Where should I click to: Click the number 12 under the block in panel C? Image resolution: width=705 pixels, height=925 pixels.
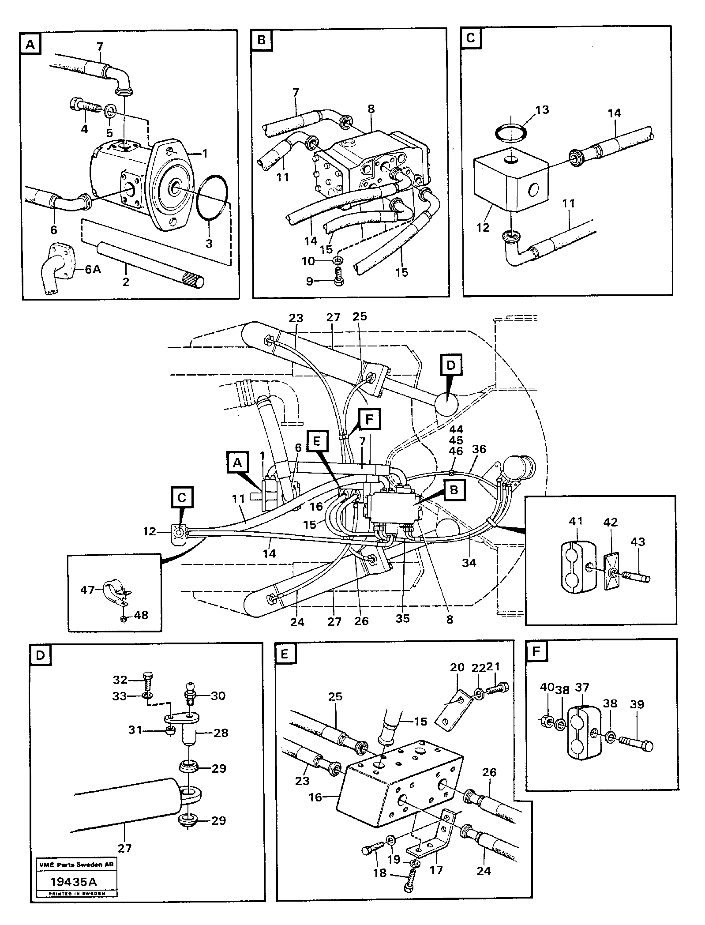click(484, 228)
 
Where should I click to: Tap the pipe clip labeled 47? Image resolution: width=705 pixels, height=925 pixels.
click(113, 594)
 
